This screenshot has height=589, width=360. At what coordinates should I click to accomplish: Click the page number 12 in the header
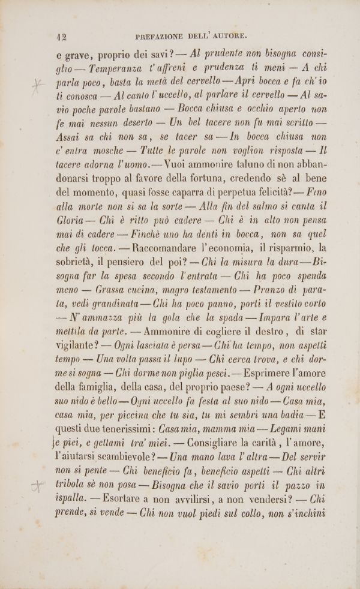click(x=61, y=36)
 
